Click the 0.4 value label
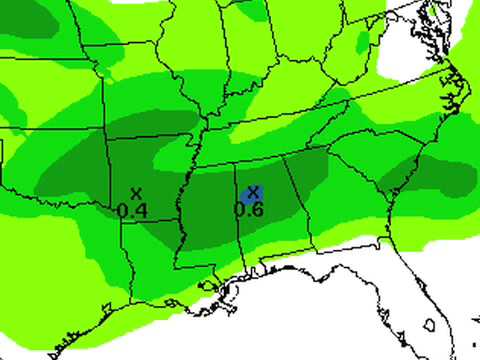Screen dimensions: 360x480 pos(133,210)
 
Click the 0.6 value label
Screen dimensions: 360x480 pos(249,209)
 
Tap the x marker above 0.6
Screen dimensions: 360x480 pos(253,190)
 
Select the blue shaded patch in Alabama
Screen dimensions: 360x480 pos(252,195)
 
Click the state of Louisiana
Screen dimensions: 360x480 pos(150,265)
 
